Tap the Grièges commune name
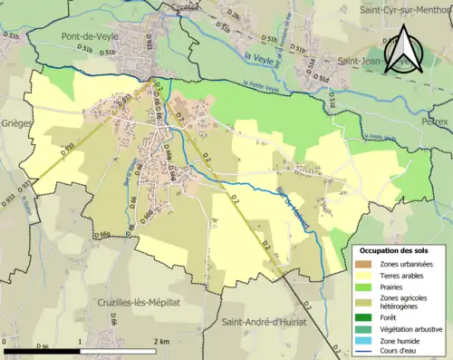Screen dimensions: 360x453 [x=15, y=121]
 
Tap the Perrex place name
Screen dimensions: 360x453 [x=438, y=121]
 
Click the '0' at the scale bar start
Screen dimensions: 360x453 [x=6, y=341]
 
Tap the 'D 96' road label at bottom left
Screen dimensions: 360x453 [x=42, y=347]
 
